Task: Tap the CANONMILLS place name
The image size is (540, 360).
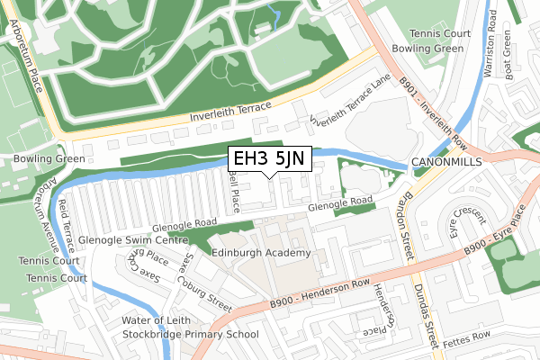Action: click(446, 162)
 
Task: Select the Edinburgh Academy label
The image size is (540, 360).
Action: click(261, 253)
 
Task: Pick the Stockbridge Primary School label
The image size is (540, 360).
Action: click(191, 334)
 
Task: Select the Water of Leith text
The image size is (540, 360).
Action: click(160, 320)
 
